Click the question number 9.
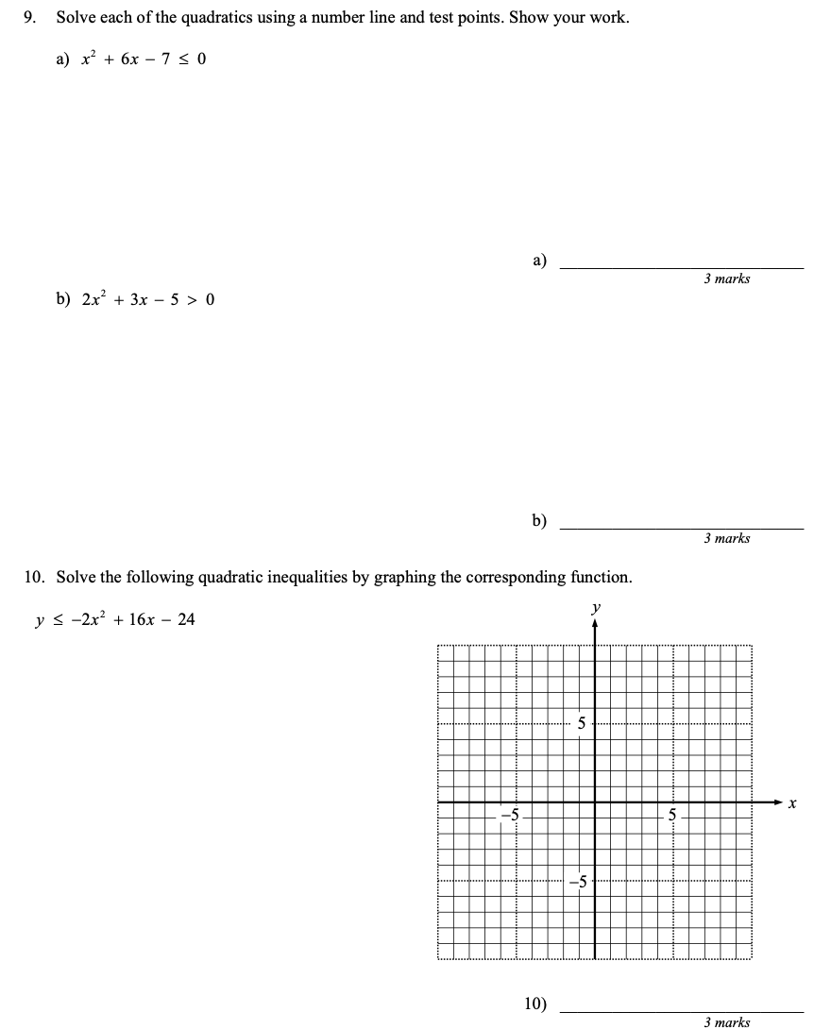pyautogui.click(x=30, y=18)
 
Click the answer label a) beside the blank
pyautogui.click(x=539, y=260)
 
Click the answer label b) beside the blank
pyautogui.click(x=539, y=520)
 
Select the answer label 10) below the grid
pyautogui.click(x=535, y=1004)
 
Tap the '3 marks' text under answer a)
pyautogui.click(x=726, y=278)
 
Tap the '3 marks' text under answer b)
pyautogui.click(x=726, y=538)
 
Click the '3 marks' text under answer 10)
pyautogui.click(x=726, y=1021)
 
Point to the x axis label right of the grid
pyautogui.click(x=793, y=804)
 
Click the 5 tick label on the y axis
pyautogui.click(x=582, y=724)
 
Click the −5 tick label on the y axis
pyautogui.click(x=578, y=882)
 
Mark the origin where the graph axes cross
pyautogui.click(x=595, y=802)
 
